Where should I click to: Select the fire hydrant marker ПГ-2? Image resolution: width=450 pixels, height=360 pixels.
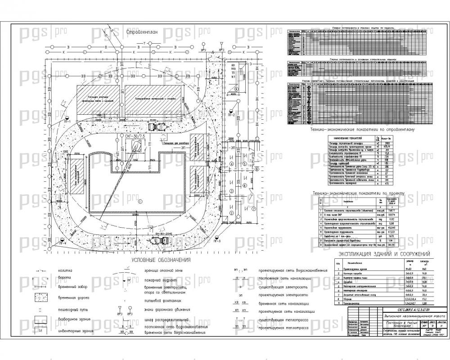[x=231, y=112]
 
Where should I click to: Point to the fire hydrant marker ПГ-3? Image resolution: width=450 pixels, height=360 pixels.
[x=217, y=238]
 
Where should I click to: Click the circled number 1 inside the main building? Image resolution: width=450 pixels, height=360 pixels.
[x=139, y=201]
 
